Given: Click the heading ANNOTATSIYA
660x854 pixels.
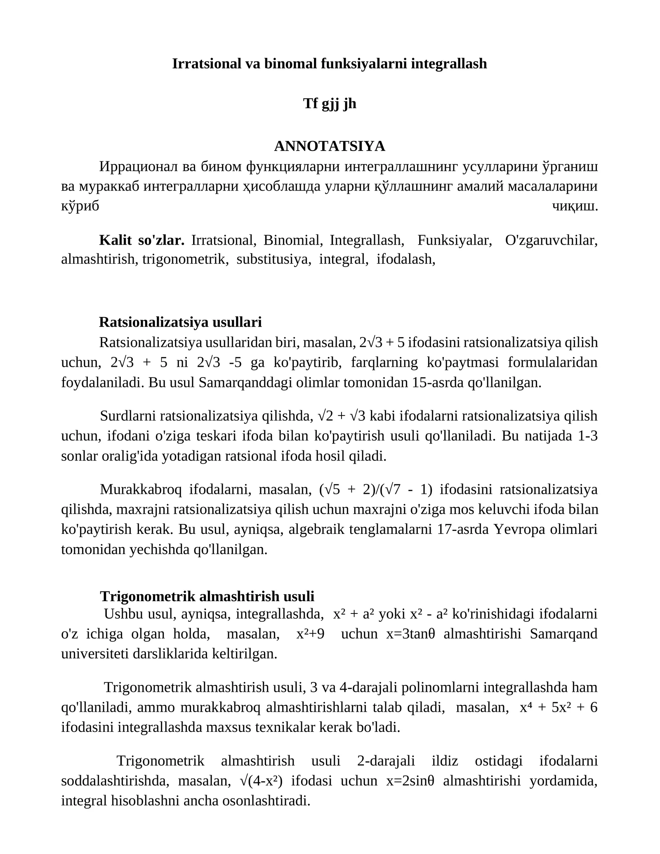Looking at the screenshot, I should (x=329, y=146).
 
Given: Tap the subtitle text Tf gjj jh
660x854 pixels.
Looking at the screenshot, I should (x=329, y=104).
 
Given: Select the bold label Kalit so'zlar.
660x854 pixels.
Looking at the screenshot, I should (x=141, y=240).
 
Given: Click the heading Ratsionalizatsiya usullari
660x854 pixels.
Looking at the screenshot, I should (x=180, y=322).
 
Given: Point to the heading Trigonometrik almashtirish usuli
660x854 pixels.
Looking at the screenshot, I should (x=207, y=596).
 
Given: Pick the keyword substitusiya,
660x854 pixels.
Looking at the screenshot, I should (x=274, y=259).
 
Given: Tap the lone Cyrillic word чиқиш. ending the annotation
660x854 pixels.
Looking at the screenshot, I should (x=575, y=206).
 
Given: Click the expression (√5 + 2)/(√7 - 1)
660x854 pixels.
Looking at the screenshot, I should (x=375, y=490).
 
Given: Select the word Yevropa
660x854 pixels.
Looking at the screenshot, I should (x=517, y=529).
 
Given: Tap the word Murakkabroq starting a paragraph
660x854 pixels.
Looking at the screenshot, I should (x=141, y=490).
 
